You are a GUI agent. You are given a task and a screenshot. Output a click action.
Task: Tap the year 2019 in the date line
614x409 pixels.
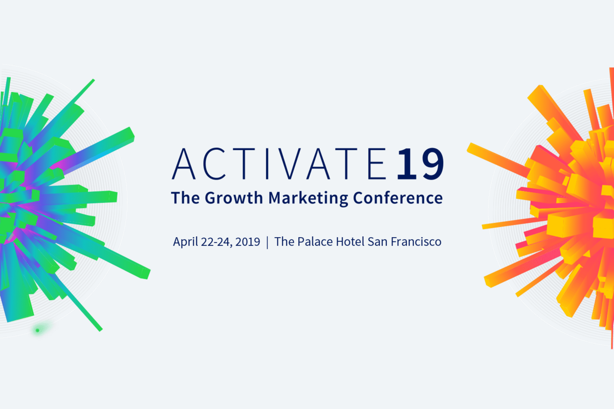point(248,241)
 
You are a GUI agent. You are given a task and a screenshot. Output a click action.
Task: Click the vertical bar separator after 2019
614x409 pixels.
point(267,241)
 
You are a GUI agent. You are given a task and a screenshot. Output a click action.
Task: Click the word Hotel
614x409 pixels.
point(350,241)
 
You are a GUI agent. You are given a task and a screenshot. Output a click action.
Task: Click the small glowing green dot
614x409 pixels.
point(37,330)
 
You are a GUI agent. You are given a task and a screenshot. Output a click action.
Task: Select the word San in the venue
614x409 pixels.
point(378,241)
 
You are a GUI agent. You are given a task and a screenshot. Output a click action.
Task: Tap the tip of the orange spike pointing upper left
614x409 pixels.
point(471,147)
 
